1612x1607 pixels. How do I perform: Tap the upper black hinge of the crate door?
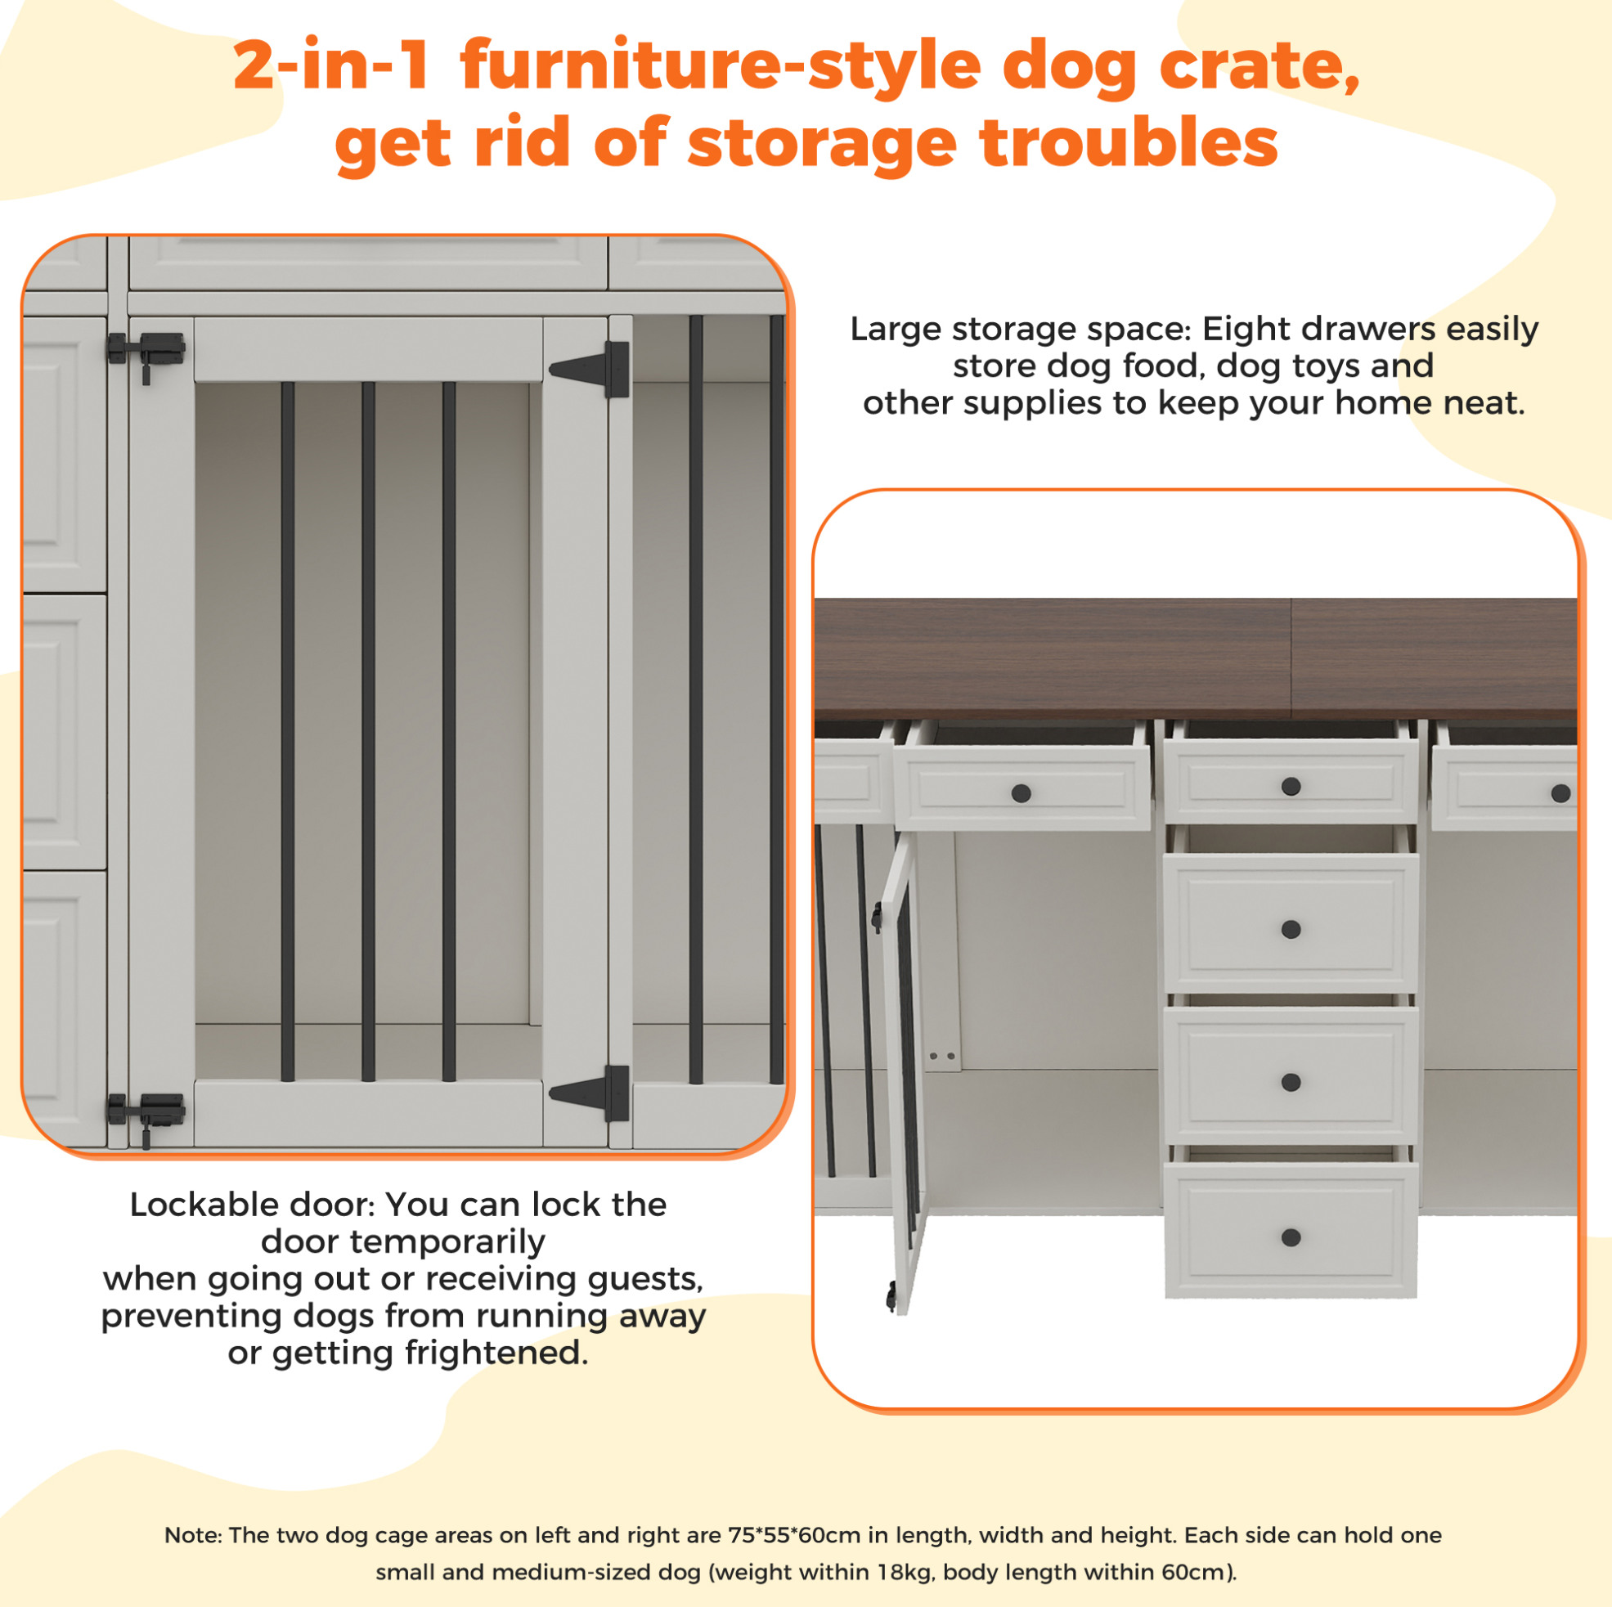pos(590,369)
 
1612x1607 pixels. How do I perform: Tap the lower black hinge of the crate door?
pos(590,1093)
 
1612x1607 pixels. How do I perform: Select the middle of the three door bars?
pos(368,732)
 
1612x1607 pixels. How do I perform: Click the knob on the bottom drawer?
pos(1291,1237)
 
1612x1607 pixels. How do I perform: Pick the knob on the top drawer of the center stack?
pos(1291,786)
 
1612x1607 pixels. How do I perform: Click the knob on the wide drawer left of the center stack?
pos(1022,793)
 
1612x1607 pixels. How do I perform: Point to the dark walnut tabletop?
pos(1196,659)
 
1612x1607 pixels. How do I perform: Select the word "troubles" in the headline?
pos(1129,142)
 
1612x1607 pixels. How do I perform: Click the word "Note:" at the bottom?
pos(193,1535)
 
